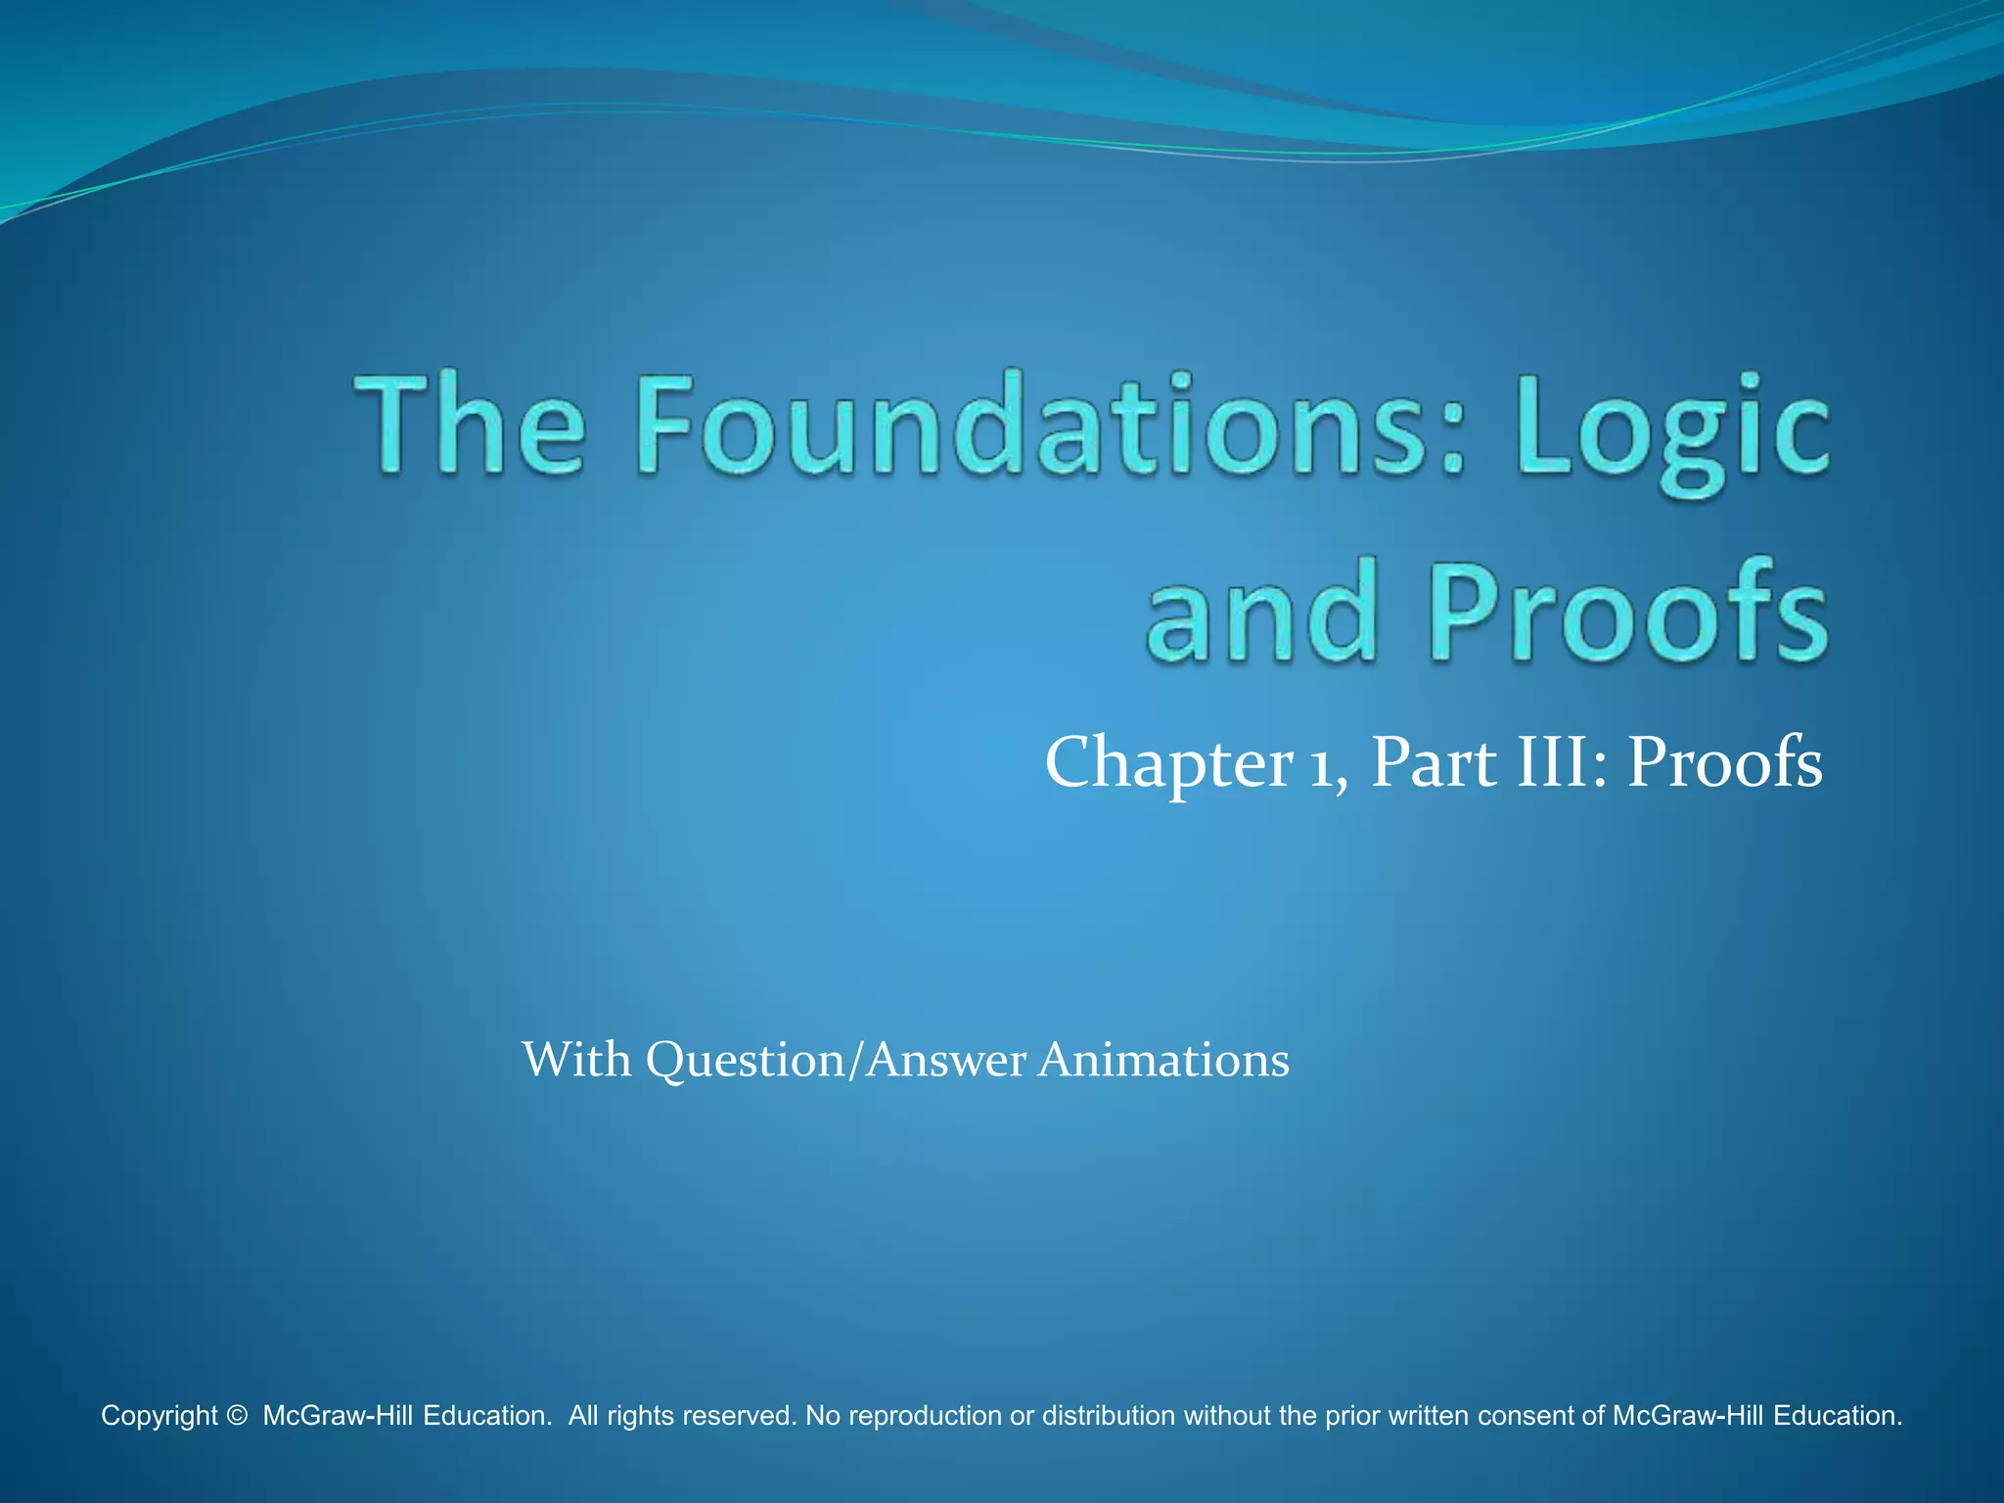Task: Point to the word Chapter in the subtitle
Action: click(x=1169, y=764)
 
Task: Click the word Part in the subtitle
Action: click(x=1434, y=764)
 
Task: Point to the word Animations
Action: click(x=1163, y=1060)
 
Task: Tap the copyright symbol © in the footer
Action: click(x=236, y=1416)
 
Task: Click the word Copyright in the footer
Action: click(x=159, y=1416)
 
